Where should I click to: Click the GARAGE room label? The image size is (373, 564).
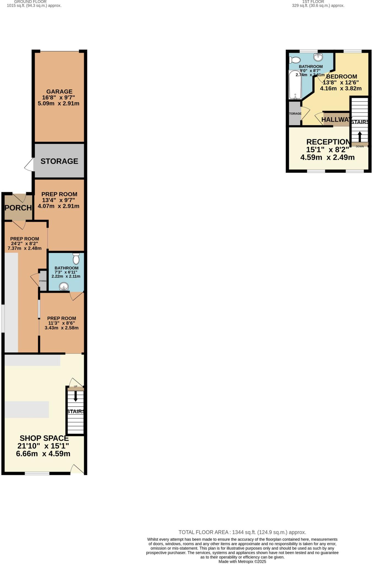(x=59, y=91)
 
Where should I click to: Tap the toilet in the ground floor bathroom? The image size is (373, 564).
(x=76, y=259)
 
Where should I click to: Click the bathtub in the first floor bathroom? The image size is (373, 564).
(x=295, y=85)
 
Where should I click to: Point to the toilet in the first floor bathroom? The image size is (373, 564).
(x=295, y=60)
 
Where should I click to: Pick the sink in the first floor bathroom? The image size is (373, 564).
(x=318, y=57)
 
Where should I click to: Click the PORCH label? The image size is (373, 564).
(x=18, y=208)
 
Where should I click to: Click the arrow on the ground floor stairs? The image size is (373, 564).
(x=76, y=396)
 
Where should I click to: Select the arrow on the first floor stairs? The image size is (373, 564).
(x=360, y=136)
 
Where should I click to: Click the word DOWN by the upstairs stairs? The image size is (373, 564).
(x=360, y=147)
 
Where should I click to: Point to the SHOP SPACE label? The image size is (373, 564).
(x=44, y=438)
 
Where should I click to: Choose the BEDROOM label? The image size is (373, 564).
(x=342, y=77)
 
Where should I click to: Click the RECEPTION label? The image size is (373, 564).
(x=328, y=142)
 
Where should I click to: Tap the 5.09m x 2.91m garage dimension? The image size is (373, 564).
(x=58, y=104)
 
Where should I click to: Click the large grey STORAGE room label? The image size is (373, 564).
(x=59, y=161)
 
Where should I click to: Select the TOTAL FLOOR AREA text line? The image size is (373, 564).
(x=242, y=532)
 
